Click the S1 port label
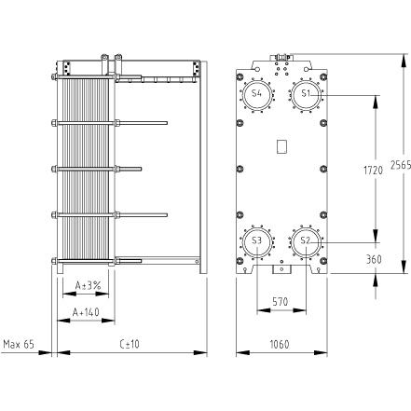306,93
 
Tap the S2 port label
306,240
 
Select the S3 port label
256,240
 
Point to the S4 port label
256,93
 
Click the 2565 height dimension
401,165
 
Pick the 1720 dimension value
374,171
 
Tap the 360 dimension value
374,259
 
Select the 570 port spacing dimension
281,302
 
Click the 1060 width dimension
280,344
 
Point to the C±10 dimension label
130,344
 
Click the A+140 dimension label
86,312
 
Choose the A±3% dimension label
89,285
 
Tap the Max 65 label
19,344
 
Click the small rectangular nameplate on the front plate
281,146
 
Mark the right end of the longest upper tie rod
168,123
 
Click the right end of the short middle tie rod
142,169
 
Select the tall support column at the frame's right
203,167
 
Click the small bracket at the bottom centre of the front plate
281,269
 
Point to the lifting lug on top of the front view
281,57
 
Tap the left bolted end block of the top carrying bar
67,68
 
